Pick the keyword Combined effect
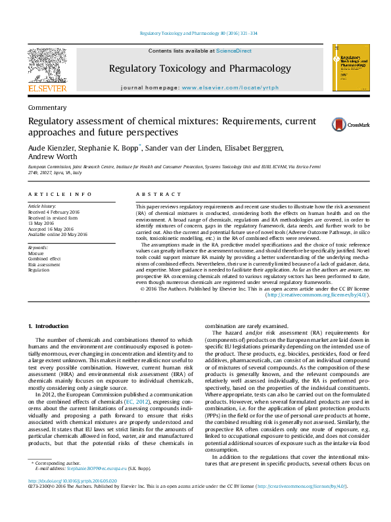(x=45, y=259)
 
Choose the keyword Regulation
(x=39, y=270)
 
